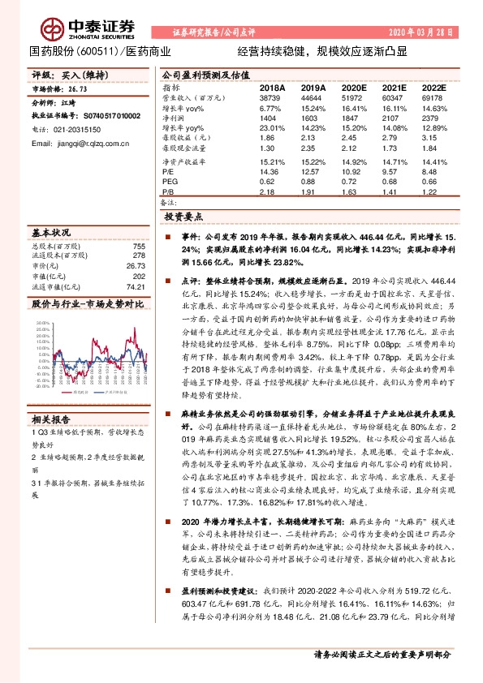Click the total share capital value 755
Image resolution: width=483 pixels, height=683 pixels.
(139, 245)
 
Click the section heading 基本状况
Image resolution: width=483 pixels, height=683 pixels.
(50, 232)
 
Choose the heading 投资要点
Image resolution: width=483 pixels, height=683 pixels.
(183, 217)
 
